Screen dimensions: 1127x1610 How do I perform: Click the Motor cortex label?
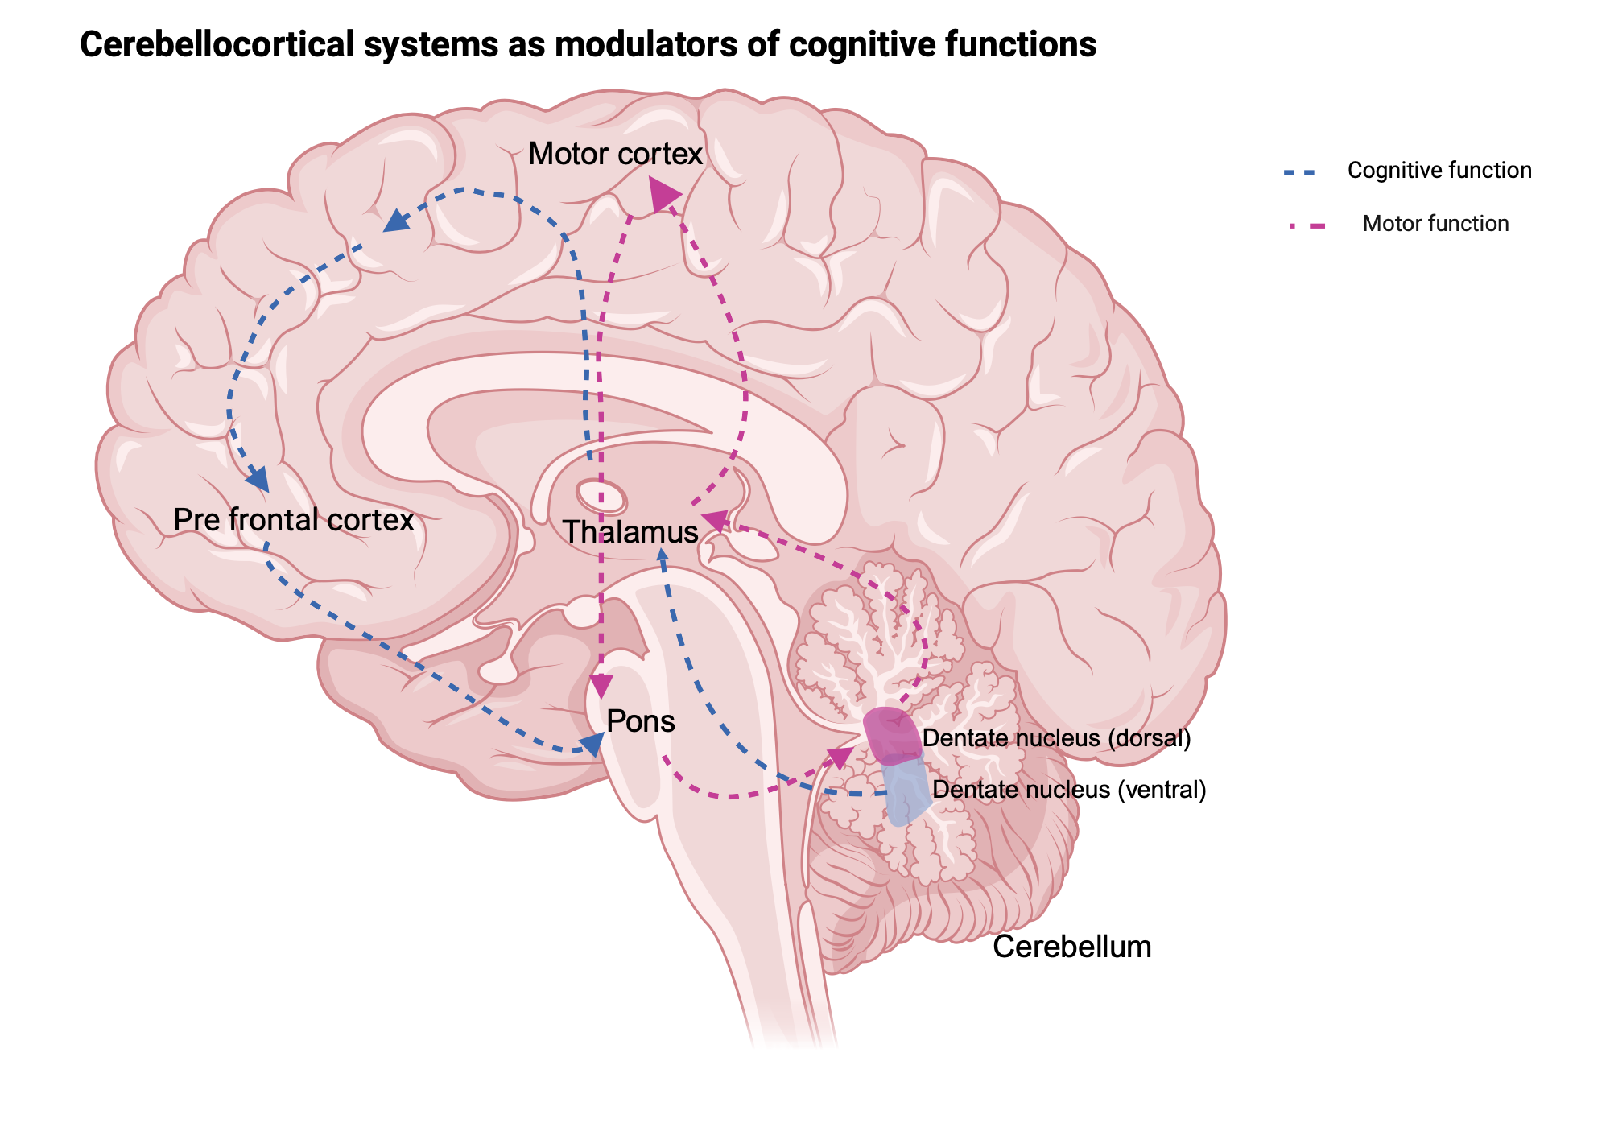(x=615, y=154)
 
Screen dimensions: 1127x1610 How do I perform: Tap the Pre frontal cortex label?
(x=293, y=520)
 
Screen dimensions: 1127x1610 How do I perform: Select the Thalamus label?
(x=630, y=532)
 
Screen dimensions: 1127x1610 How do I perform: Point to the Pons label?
(x=640, y=721)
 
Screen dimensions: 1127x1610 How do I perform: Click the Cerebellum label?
(x=1071, y=947)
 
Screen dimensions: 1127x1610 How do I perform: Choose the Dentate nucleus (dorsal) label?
(x=1056, y=738)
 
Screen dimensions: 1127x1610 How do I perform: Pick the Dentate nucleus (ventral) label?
(x=1069, y=790)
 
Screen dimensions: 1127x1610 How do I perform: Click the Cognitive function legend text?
(x=1439, y=171)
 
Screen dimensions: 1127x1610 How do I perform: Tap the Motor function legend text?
(x=1435, y=224)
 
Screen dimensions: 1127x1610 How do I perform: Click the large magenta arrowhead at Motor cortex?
(x=663, y=195)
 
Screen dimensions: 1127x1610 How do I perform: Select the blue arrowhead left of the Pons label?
(x=592, y=745)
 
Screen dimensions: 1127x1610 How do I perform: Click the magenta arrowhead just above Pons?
(x=601, y=686)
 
